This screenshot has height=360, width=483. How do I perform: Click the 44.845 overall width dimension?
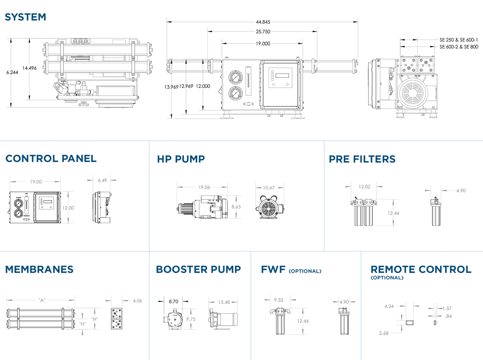coord(263,22)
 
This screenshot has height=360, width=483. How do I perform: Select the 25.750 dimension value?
coord(263,31)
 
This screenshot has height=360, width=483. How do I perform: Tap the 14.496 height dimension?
coord(29,68)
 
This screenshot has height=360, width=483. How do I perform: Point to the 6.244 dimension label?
coord(12,73)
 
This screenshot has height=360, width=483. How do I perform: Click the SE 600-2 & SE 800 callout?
coord(459,47)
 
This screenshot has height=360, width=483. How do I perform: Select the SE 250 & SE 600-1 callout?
coord(459,39)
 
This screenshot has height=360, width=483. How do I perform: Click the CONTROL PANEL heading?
coord(51,159)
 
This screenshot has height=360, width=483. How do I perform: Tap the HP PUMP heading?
coord(181,159)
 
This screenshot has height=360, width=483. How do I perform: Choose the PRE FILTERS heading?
coord(362,159)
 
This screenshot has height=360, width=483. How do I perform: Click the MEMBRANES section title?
coord(39,269)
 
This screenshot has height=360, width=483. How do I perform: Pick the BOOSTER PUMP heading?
coord(198,269)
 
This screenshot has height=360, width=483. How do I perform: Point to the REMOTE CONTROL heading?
coord(421,269)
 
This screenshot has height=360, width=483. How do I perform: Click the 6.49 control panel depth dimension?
coord(102,180)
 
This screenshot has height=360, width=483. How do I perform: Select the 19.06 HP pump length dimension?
coord(204,187)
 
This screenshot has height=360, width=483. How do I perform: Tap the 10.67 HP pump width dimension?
coord(269,187)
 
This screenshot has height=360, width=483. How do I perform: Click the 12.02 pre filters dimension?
coord(365,186)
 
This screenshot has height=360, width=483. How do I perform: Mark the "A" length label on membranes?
coord(42,300)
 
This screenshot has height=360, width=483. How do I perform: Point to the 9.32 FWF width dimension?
coord(279,300)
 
